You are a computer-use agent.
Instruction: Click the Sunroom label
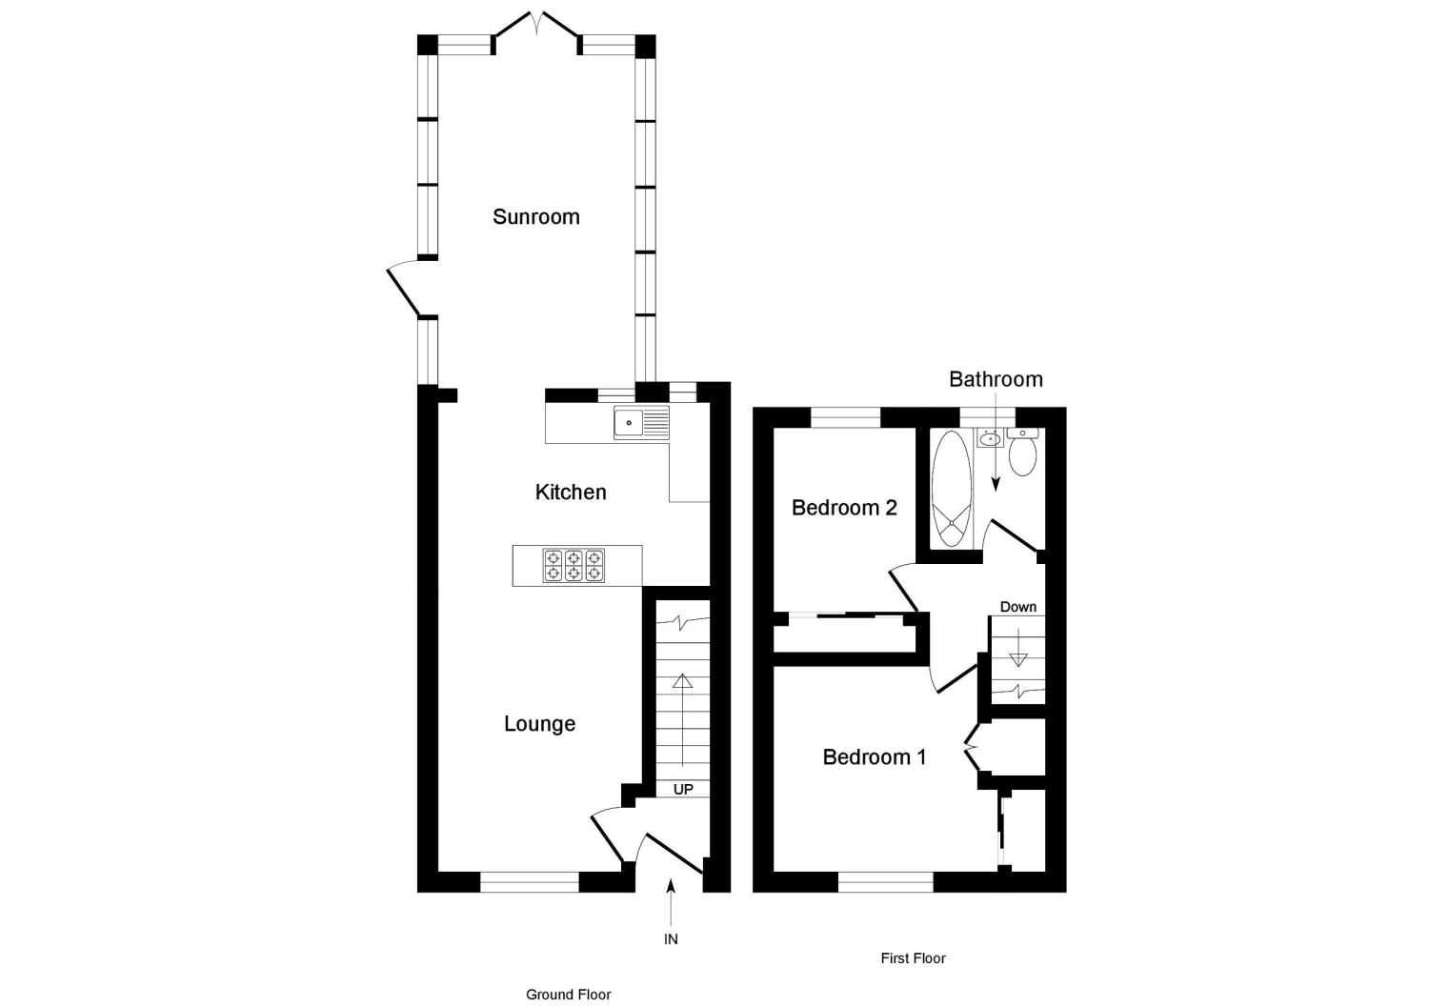pyautogui.click(x=535, y=217)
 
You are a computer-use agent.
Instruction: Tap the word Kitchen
pyautogui.click(x=571, y=493)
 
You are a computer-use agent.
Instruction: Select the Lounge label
pyautogui.click(x=539, y=724)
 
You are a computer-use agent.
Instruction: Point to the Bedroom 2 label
pyautogui.click(x=844, y=508)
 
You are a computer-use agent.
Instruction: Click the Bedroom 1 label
pyautogui.click(x=874, y=757)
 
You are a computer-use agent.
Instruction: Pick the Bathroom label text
pyautogui.click(x=996, y=379)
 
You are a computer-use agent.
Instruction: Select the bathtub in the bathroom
pyautogui.click(x=950, y=489)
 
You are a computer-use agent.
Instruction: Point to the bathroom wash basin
pyautogui.click(x=989, y=439)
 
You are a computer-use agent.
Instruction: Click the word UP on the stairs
pyautogui.click(x=683, y=790)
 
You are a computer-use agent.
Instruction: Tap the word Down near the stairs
pyautogui.click(x=1017, y=607)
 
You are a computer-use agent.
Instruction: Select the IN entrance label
pyautogui.click(x=671, y=939)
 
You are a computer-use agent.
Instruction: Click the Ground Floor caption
pyautogui.click(x=568, y=995)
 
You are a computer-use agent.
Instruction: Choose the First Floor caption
pyautogui.click(x=913, y=958)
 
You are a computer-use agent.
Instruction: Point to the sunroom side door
pyautogui.click(x=404, y=290)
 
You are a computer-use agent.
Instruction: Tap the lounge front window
pyautogui.click(x=529, y=882)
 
